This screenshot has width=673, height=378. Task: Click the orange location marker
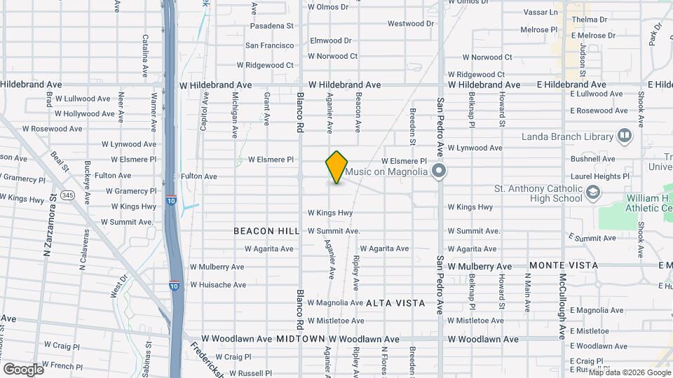coord(336,167)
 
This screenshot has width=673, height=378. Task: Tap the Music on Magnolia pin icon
coord(440,171)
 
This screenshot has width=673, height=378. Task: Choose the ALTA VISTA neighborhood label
coord(395,303)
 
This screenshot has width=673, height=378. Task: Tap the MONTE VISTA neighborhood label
coord(564,266)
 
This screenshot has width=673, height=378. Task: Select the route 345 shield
coord(67,195)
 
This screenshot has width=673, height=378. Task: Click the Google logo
coord(23,369)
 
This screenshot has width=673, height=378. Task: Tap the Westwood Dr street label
coord(411,24)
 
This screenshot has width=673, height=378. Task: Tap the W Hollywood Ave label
coord(84,113)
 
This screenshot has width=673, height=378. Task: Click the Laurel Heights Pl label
coord(599,177)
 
